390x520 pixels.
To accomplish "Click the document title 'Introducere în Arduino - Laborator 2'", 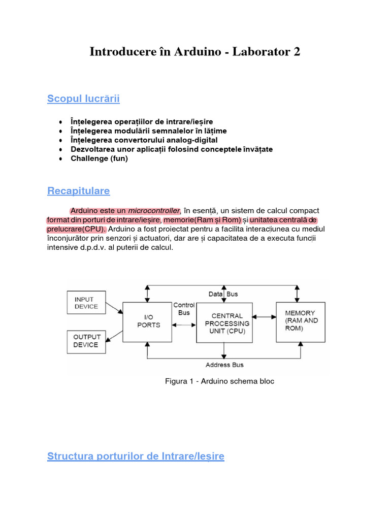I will (x=195, y=52).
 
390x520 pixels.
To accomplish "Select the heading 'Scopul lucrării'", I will (x=83, y=99).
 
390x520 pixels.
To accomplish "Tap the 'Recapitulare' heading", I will (x=78, y=191).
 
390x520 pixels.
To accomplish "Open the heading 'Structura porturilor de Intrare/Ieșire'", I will (x=136, y=457).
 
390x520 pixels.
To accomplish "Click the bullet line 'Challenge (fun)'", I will (x=99, y=158).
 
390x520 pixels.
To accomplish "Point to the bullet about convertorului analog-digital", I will (x=144, y=140).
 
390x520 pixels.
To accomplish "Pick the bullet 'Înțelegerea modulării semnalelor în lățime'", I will (x=148, y=131).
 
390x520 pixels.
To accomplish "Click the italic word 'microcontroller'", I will (x=154, y=211).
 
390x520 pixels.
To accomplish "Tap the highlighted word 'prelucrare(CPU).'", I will (x=76, y=229).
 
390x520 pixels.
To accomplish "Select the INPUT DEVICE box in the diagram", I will (x=86, y=303).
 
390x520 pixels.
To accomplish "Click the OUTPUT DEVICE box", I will (x=86, y=341).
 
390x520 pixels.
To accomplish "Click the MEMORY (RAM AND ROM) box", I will (x=300, y=321).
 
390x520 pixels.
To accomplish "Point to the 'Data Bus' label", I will (x=223, y=294).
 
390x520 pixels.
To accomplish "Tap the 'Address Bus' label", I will (x=224, y=365).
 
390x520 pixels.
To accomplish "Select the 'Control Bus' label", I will (x=184, y=309).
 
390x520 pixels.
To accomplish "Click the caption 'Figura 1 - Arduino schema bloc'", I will (x=219, y=381).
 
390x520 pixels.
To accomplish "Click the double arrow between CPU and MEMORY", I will (x=264, y=317).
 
